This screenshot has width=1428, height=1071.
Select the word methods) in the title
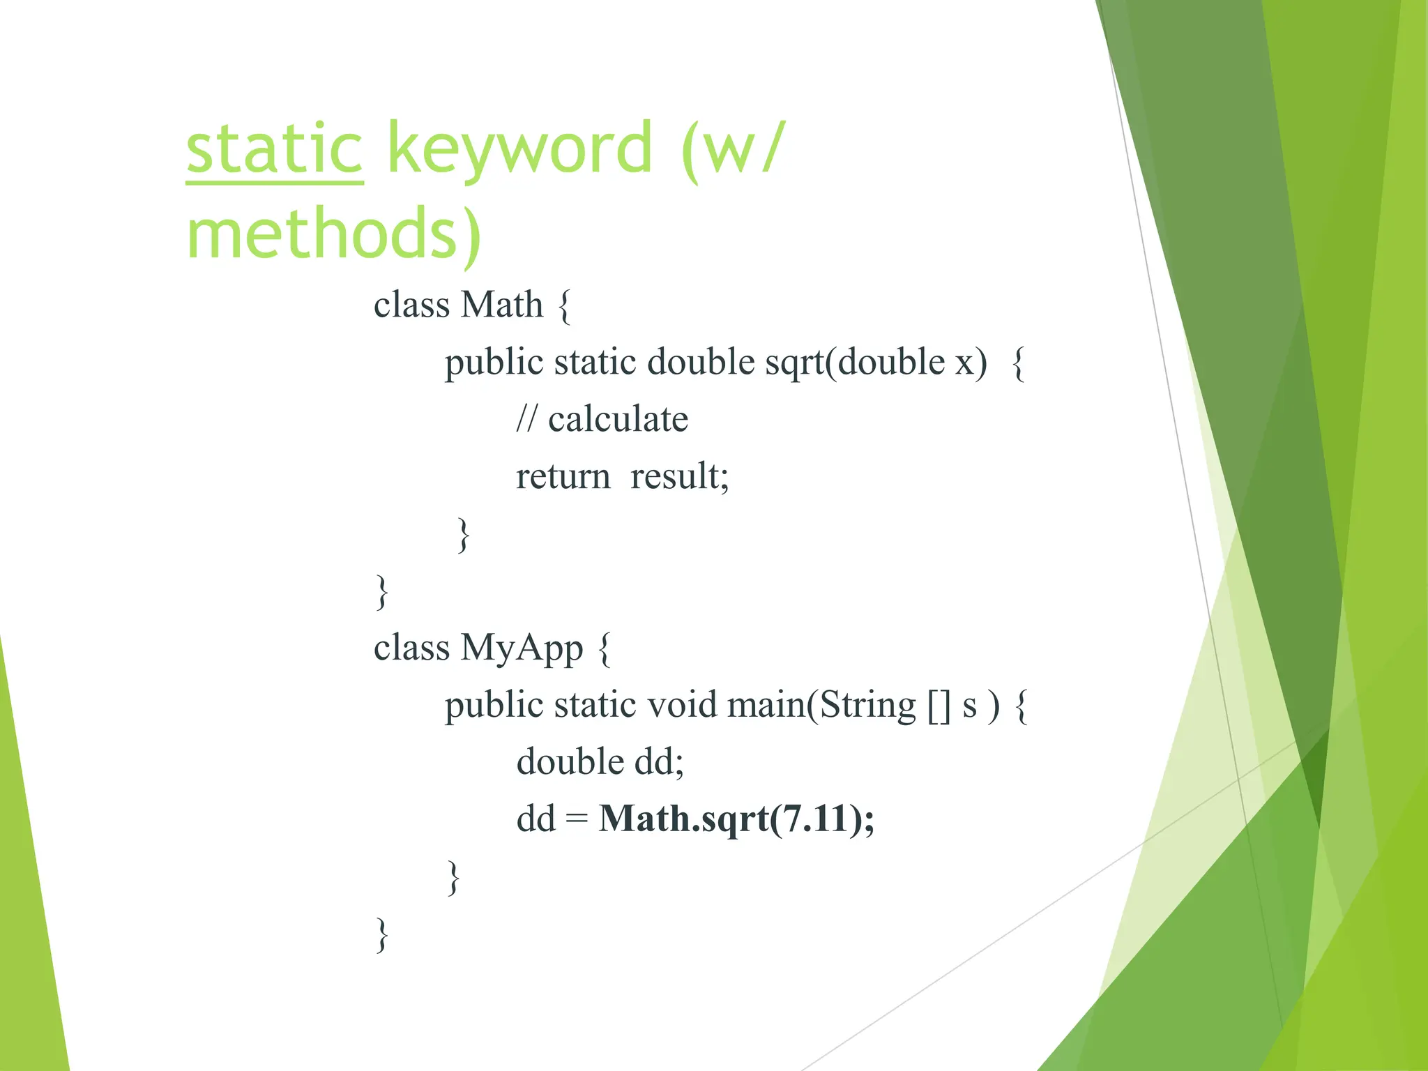click(x=333, y=234)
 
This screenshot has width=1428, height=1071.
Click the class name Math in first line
click(x=501, y=305)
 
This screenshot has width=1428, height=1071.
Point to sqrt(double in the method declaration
click(x=855, y=363)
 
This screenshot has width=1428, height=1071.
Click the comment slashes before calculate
click(x=526, y=419)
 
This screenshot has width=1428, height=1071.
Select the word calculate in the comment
click(x=618, y=419)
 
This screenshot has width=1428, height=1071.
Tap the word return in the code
click(x=563, y=477)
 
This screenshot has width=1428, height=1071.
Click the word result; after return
click(x=679, y=477)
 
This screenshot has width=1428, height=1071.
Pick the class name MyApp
click(x=521, y=648)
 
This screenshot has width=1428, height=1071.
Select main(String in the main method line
click(x=821, y=705)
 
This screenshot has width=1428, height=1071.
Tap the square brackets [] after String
click(x=939, y=705)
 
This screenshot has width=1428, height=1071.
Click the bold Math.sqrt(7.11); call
click(x=736, y=819)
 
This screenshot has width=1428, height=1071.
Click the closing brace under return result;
click(x=463, y=535)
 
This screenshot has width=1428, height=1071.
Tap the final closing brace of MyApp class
click(x=381, y=934)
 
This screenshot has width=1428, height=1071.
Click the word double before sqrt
click(x=700, y=363)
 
